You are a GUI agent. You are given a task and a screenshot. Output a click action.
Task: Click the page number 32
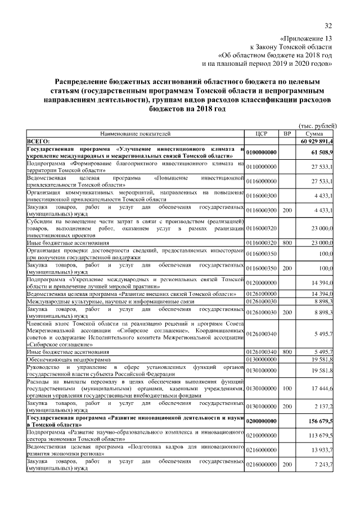(328, 25)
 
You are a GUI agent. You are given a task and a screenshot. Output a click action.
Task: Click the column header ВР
(287, 134)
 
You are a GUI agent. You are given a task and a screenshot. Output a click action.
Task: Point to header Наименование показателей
(135, 134)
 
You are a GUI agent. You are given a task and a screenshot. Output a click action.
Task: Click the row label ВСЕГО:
(39, 141)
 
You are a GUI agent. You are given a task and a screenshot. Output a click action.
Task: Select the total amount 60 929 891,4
(316, 141)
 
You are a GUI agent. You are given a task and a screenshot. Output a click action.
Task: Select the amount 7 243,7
(324, 464)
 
